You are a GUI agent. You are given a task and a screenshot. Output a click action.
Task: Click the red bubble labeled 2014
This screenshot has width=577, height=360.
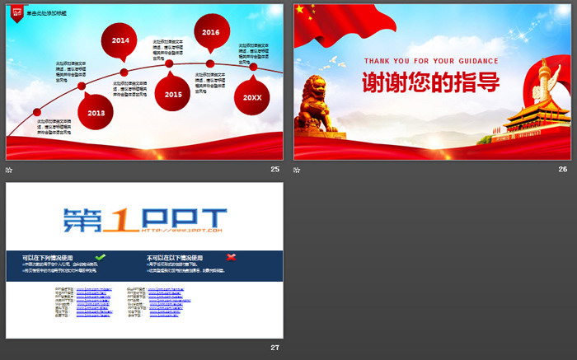click(x=120, y=40)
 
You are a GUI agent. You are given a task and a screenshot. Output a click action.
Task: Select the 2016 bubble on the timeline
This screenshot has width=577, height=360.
click(x=211, y=32)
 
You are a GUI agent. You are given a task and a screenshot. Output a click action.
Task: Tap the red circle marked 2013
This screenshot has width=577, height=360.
click(x=96, y=113)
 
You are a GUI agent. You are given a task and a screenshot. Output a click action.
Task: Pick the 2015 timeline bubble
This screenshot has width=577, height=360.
click(x=173, y=94)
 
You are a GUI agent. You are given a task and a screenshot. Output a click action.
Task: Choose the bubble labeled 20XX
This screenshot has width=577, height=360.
click(x=252, y=96)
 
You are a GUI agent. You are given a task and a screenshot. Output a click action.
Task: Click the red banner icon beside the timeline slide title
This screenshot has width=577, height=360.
click(x=16, y=12)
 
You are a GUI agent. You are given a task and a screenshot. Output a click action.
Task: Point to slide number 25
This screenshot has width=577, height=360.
click(x=274, y=169)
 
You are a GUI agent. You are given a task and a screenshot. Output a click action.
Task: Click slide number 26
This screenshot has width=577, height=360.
click(x=563, y=169)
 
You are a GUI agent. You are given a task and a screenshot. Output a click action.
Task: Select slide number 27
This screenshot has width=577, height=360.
click(x=274, y=348)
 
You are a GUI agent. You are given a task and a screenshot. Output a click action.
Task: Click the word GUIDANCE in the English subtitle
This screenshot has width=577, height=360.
click(x=475, y=61)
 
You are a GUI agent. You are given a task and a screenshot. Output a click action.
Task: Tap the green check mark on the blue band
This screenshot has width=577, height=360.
click(x=101, y=257)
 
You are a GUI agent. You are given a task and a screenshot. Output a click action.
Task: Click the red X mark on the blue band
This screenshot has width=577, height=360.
click(x=231, y=257)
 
